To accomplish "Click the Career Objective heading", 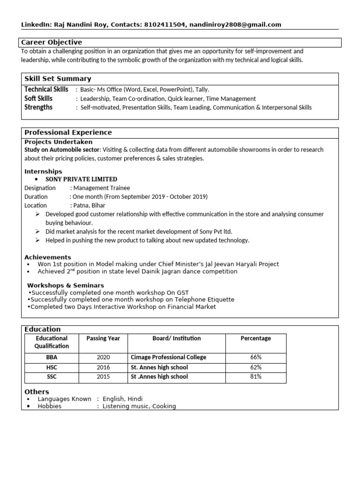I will (52, 42).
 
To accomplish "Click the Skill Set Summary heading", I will (58, 79).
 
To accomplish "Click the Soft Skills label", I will (38, 98).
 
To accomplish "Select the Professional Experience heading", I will (68, 133).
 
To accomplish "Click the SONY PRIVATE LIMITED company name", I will (81, 179).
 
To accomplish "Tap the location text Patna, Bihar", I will (89, 205).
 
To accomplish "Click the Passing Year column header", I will (103, 338).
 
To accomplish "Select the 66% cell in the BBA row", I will (256, 357).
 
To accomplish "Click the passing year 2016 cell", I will (103, 367).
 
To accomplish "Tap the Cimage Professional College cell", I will (168, 357).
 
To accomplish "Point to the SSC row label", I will (52, 377).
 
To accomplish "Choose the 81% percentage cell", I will (256, 377).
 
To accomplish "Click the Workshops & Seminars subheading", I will (66, 285).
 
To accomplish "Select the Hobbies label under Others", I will (49, 406).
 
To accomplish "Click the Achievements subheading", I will (48, 257).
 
